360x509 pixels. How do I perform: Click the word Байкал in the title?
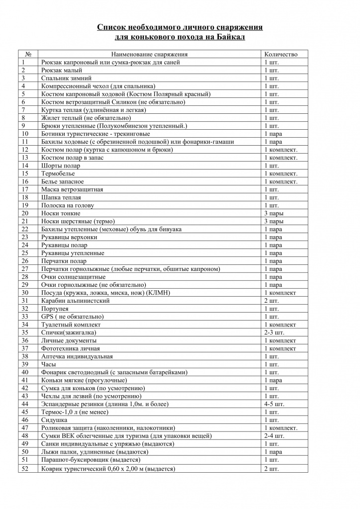(231, 37)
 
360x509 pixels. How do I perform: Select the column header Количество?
(281, 54)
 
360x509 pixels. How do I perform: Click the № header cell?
(28, 54)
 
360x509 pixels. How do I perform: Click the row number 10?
(25, 134)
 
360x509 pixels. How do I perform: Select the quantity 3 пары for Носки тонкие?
(274, 213)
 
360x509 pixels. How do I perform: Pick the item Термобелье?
(58, 173)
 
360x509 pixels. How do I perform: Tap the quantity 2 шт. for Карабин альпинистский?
(271, 301)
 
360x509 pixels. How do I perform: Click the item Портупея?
(55, 309)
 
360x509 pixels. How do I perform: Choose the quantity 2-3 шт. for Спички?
(274, 333)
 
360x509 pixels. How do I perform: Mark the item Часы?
(49, 364)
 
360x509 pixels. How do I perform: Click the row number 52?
(25, 468)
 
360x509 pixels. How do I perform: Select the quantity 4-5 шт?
(274, 404)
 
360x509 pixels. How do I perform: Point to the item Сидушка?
(54, 420)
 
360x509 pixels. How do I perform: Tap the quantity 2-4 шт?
(274, 436)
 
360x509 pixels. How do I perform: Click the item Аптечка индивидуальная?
(77, 356)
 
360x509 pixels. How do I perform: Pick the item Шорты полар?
(61, 166)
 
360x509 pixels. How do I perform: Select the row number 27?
(25, 269)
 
